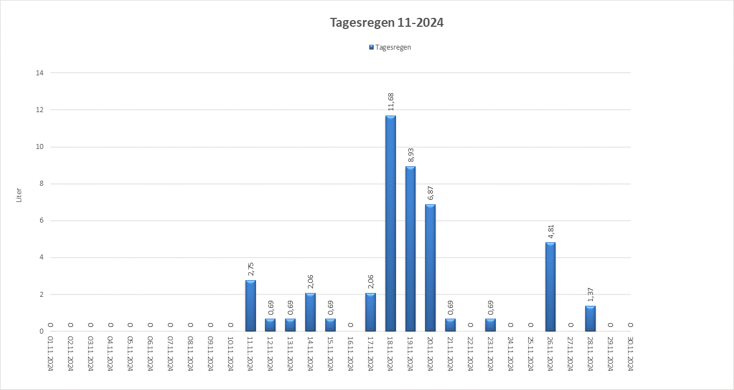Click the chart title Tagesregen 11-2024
(387, 23)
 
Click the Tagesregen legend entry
(390, 47)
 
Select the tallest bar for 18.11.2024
(390, 223)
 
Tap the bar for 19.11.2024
(411, 248)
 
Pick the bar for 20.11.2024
(430, 268)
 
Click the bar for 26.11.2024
(550, 287)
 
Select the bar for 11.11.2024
(250, 306)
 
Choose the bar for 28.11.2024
(590, 319)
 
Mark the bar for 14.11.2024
(310, 312)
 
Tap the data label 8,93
(411, 155)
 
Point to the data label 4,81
(550, 232)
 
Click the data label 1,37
(591, 295)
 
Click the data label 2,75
(250, 269)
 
